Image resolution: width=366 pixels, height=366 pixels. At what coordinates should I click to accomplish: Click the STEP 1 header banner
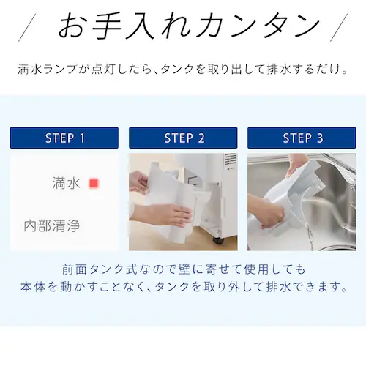[64, 138]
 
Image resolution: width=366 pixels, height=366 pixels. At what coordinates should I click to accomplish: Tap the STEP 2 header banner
[184, 138]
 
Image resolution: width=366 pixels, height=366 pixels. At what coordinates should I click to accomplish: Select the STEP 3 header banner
[302, 138]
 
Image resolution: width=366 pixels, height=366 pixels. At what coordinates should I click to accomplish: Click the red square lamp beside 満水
[93, 184]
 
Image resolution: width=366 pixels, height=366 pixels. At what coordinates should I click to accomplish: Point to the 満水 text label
[66, 184]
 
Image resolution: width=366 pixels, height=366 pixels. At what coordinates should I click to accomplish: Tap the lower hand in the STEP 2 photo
[164, 215]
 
